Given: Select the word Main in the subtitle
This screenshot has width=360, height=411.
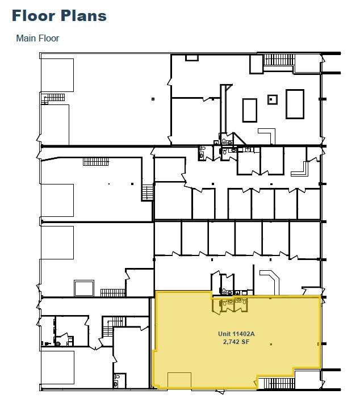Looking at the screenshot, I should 27,39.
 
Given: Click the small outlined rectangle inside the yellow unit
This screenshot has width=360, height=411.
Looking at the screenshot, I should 179,380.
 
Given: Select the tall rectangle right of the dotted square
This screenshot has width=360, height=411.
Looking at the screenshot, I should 295,103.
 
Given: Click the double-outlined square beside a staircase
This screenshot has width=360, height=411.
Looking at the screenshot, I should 83,288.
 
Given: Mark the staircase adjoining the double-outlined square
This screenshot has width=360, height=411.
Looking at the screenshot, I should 112,293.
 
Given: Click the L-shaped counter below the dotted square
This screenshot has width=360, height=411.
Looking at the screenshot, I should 266,135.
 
